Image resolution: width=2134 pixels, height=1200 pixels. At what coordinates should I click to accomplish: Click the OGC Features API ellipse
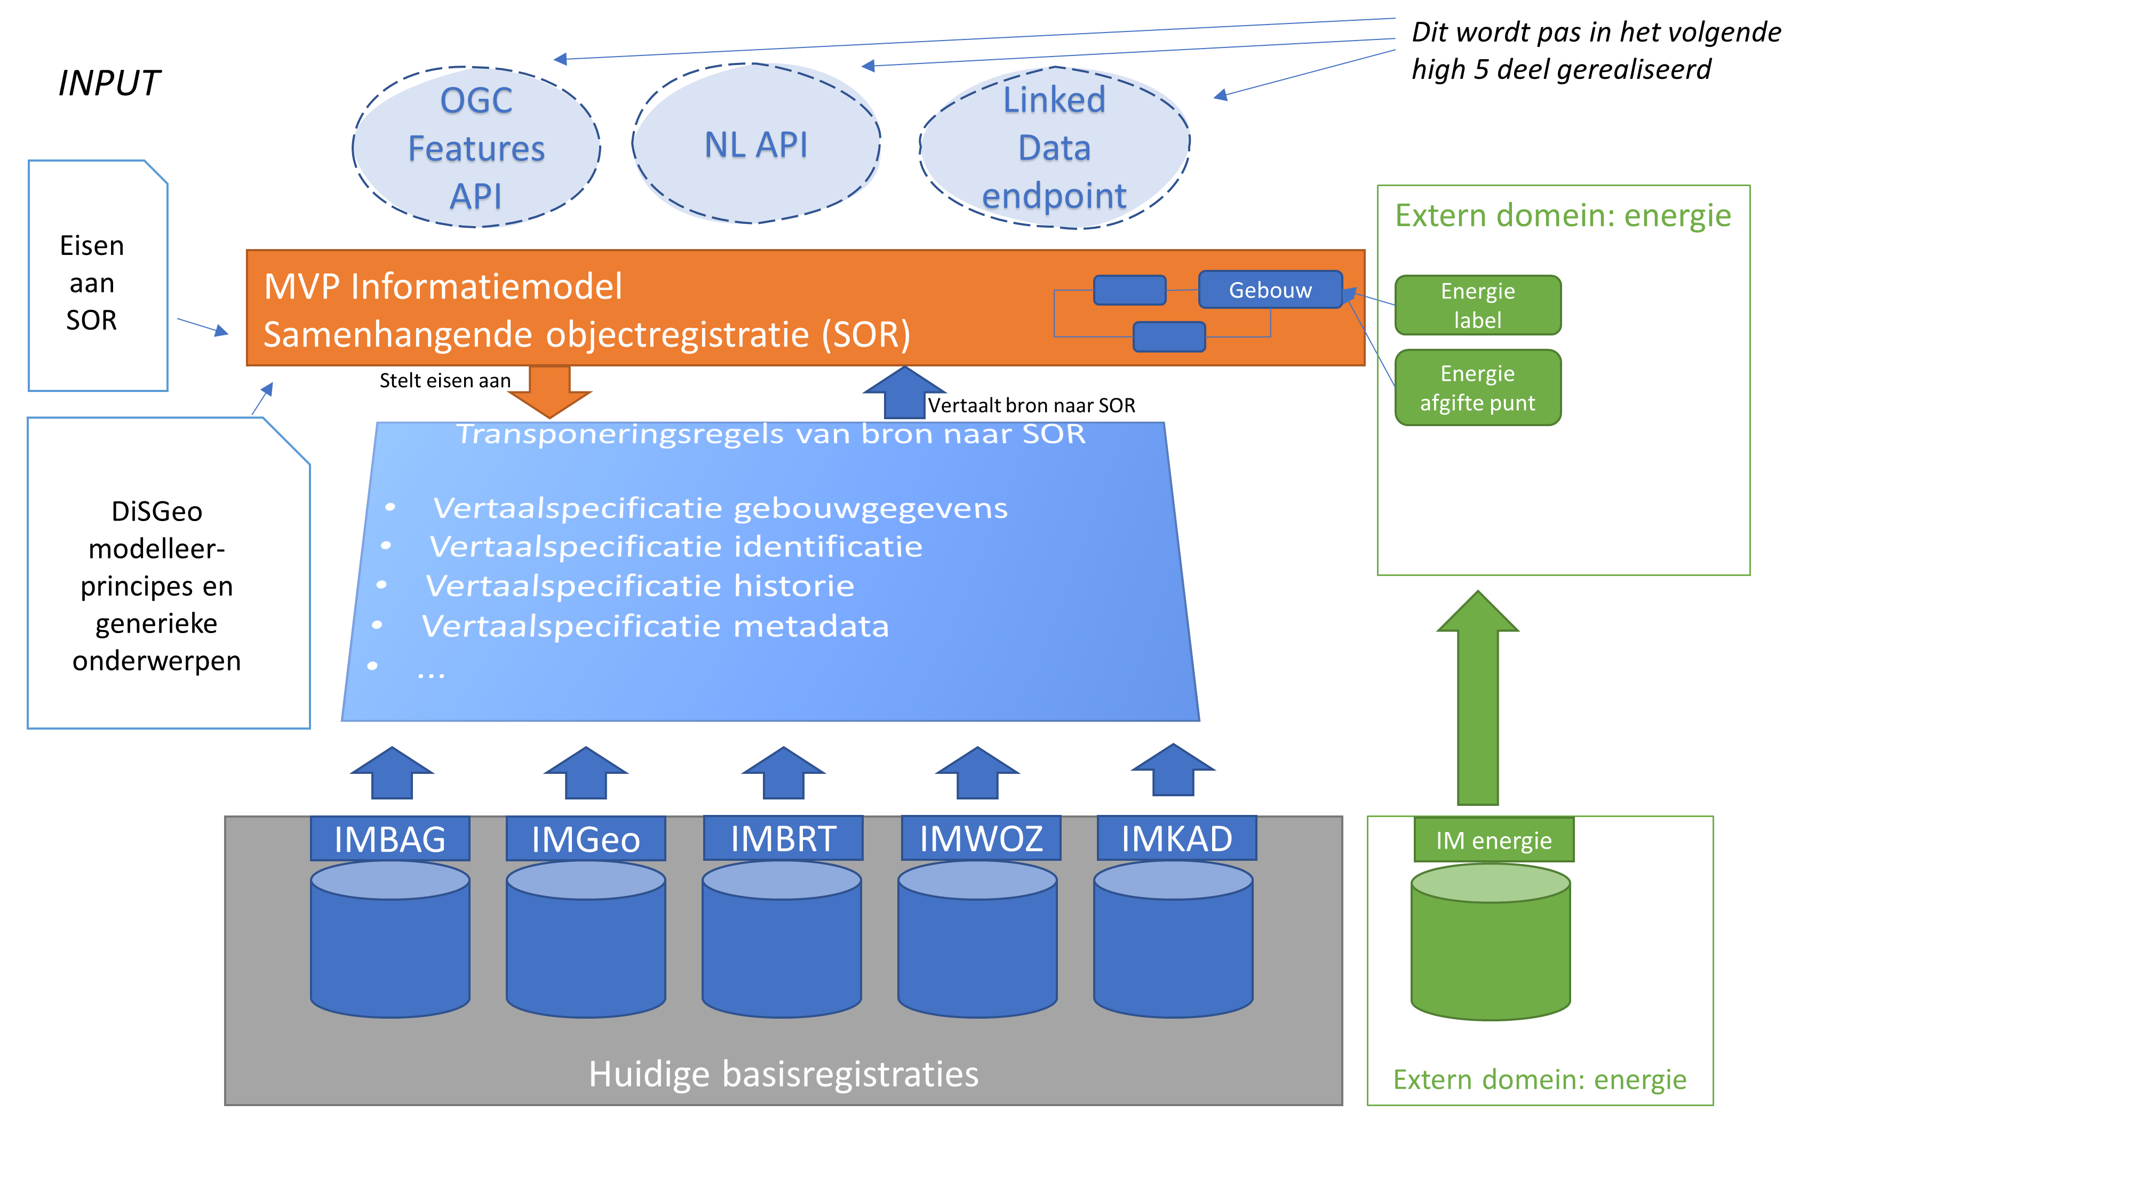point(476,147)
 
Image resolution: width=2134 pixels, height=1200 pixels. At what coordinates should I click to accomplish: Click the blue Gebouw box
point(1269,290)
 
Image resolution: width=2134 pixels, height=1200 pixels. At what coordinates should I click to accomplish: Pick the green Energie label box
point(1477,305)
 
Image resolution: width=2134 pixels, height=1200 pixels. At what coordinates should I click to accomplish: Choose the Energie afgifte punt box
point(1477,388)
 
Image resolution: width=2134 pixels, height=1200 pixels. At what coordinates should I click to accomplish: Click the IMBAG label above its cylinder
point(389,839)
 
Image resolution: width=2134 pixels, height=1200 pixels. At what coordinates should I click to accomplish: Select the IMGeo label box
point(586,839)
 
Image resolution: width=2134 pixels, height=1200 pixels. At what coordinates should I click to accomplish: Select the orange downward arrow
point(550,391)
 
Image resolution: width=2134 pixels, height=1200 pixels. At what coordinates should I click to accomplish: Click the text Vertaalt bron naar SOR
point(1031,405)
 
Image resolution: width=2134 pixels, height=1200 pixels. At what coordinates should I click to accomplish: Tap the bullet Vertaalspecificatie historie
point(639,586)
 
